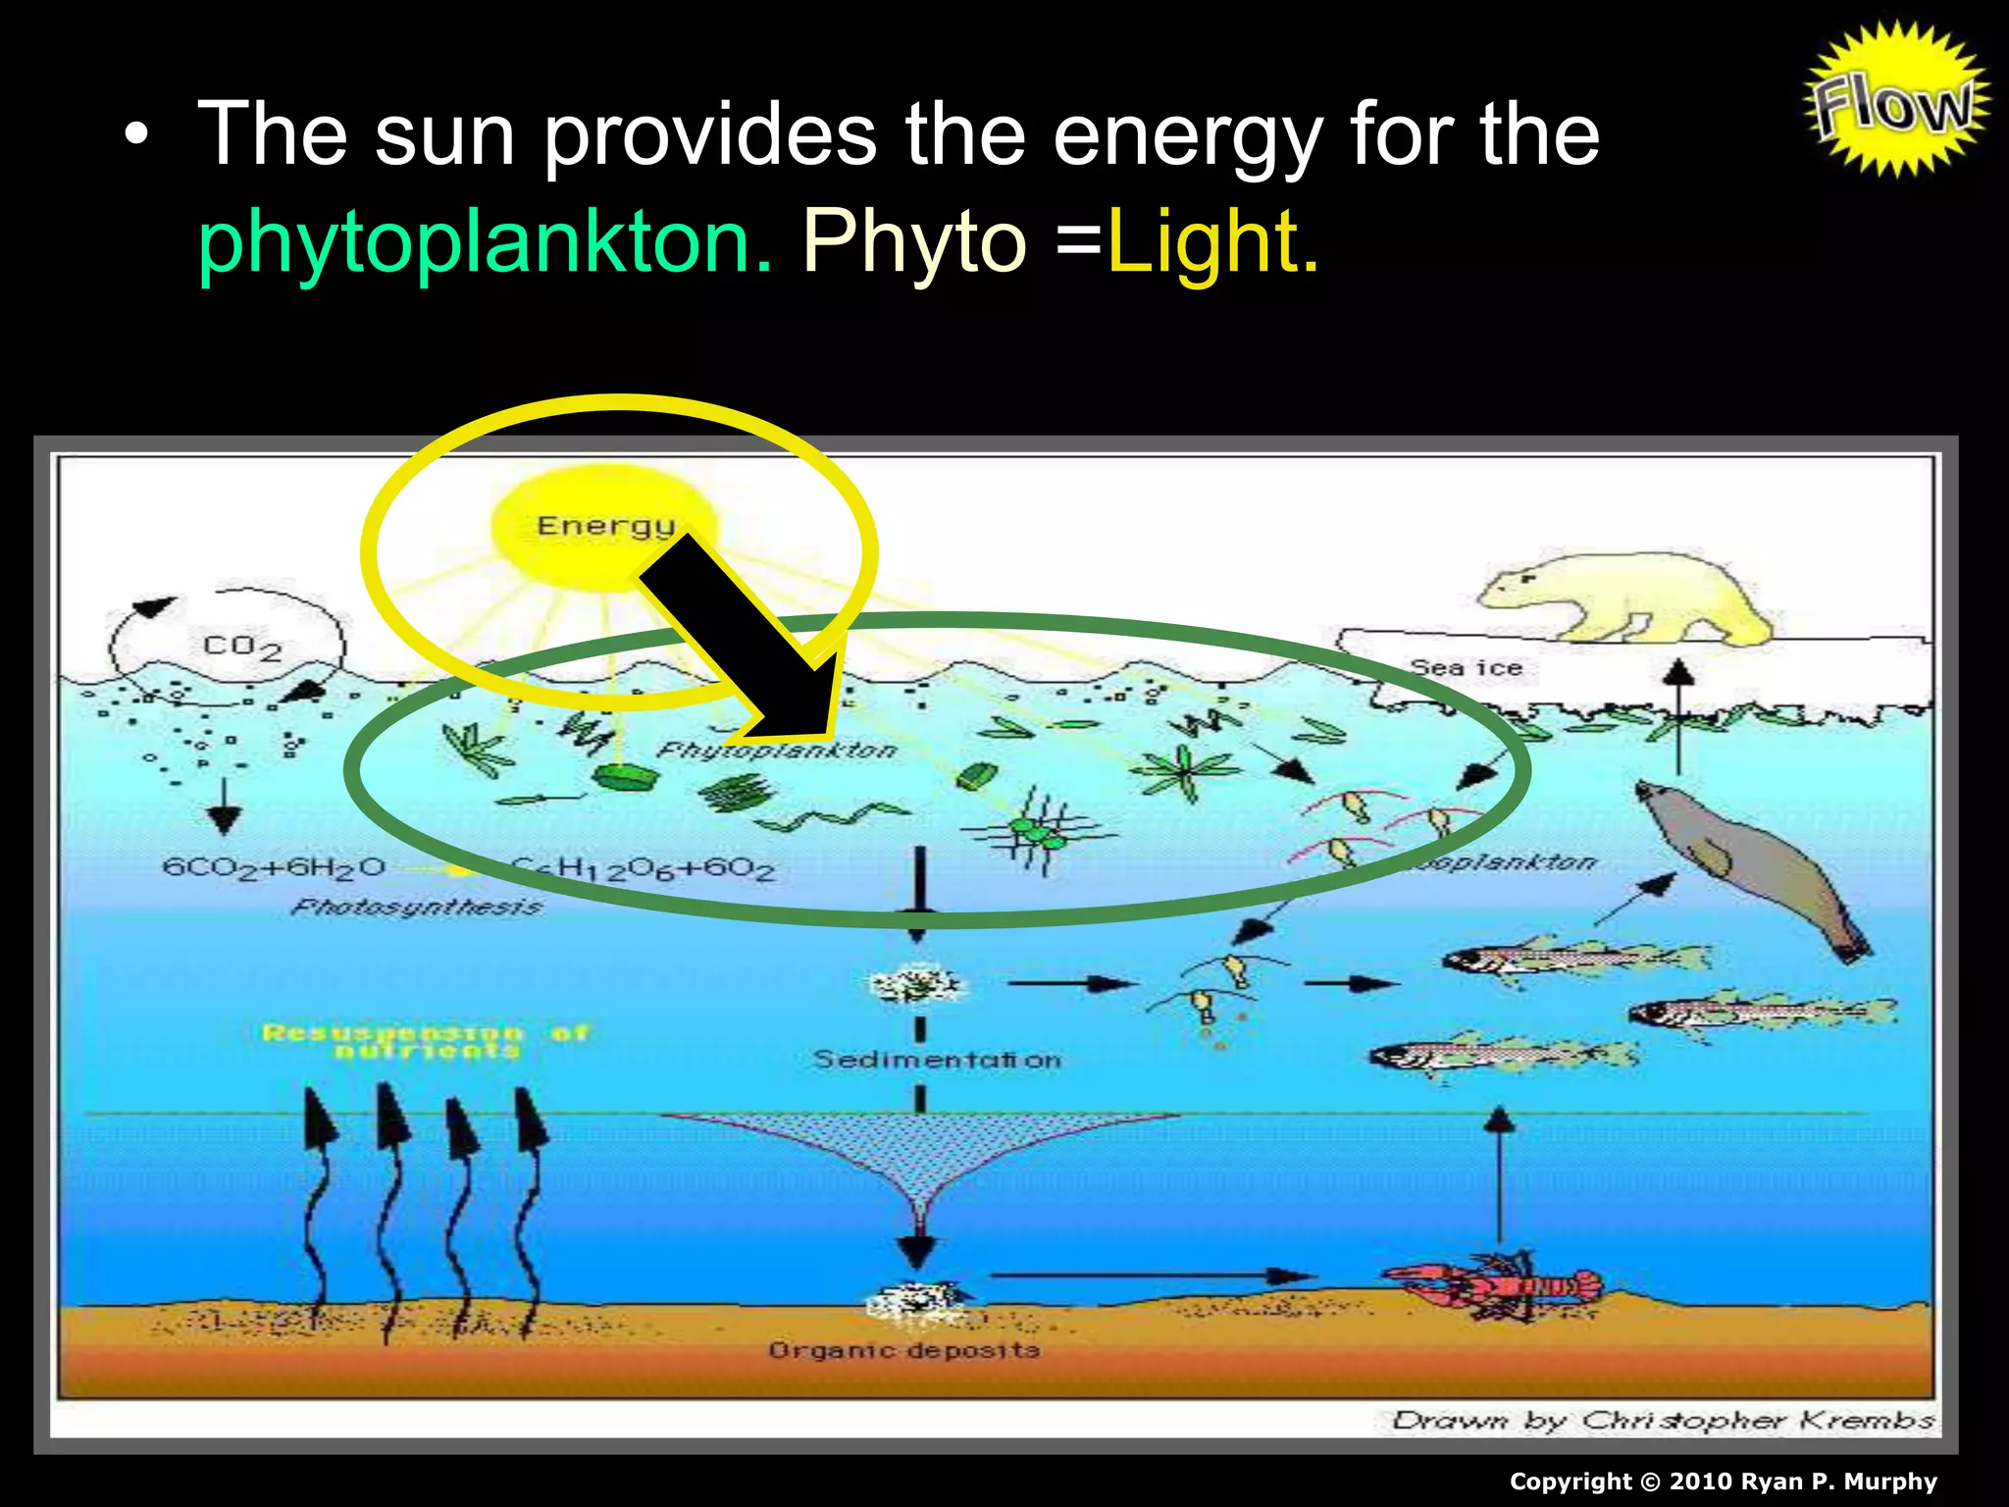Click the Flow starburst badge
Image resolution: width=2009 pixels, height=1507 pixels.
pyautogui.click(x=1895, y=100)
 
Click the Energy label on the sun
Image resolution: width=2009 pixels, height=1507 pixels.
pyautogui.click(x=605, y=526)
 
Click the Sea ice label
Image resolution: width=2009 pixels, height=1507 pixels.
pyautogui.click(x=1466, y=668)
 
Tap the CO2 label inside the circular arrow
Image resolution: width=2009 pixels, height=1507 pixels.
pyautogui.click(x=241, y=648)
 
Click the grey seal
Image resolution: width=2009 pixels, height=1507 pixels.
pyautogui.click(x=1746, y=863)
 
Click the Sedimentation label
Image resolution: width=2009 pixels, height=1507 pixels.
pyautogui.click(x=937, y=1060)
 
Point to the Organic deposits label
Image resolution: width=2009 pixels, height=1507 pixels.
pyautogui.click(x=903, y=1351)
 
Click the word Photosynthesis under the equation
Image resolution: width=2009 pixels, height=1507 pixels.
pyautogui.click(x=416, y=908)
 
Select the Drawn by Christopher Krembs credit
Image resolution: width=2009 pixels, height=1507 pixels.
pyautogui.click(x=1663, y=1420)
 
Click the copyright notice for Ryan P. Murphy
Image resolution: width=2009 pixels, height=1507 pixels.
pyautogui.click(x=1723, y=1481)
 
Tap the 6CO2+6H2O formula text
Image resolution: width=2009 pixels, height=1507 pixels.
pyautogui.click(x=274, y=868)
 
